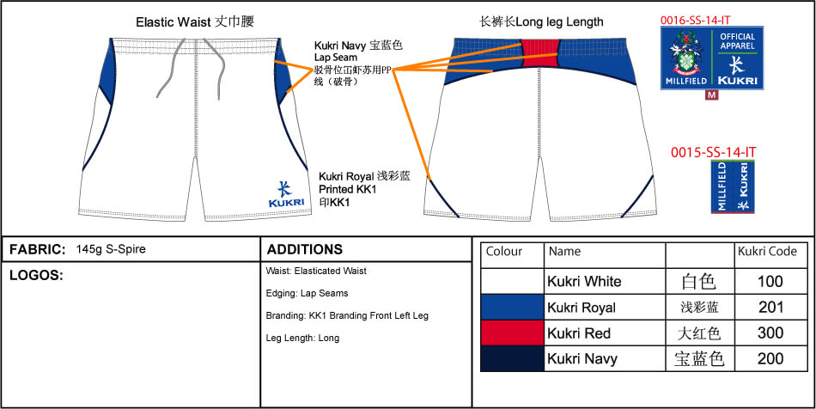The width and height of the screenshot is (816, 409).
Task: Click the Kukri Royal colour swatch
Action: click(512, 307)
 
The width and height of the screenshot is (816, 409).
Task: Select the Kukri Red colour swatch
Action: click(512, 333)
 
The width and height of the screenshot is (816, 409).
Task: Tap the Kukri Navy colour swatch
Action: click(512, 358)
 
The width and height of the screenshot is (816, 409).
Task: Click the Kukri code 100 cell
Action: click(770, 281)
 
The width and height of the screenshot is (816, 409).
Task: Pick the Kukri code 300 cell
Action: click(770, 333)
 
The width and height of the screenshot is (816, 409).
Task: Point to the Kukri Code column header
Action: click(767, 252)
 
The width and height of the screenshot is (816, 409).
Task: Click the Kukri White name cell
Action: click(584, 281)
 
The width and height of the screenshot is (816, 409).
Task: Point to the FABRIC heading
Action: click(38, 250)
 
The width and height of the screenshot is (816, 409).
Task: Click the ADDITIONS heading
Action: click(305, 250)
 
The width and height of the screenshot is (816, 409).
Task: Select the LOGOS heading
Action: click(36, 276)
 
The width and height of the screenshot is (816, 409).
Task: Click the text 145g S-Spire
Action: click(110, 250)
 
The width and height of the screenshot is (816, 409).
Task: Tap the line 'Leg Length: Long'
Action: click(303, 338)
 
